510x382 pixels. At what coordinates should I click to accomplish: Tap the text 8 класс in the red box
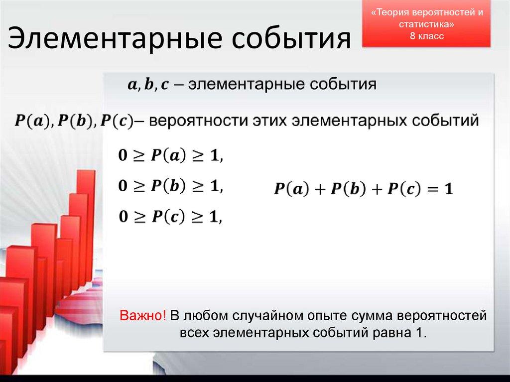click(427, 36)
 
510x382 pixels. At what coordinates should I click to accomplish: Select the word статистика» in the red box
click(427, 24)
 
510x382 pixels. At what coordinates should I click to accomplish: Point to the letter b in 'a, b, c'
click(149, 85)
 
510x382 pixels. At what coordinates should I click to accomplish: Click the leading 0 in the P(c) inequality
click(123, 217)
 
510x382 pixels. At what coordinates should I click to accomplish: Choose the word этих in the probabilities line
click(262, 121)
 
